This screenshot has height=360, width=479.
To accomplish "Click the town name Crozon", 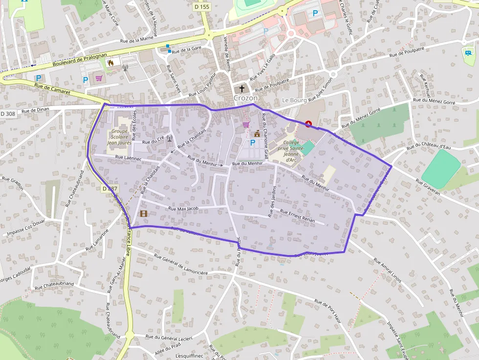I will point(245,98).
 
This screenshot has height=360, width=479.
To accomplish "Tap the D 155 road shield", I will point(201,7).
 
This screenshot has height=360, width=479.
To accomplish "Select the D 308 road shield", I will point(8,113).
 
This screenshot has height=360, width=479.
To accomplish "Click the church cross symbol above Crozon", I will point(241,89).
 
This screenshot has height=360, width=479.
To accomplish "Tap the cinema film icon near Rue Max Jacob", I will point(144,213).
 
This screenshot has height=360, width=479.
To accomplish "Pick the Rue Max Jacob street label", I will point(183,209).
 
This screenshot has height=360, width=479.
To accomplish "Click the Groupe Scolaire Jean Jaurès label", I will point(119,137).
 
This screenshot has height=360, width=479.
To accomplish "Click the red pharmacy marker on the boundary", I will point(308,124).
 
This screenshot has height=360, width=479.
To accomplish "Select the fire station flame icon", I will point(111,63).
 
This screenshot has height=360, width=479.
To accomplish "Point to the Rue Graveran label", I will point(428,187).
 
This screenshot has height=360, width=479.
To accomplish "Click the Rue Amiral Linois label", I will point(387,270).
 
